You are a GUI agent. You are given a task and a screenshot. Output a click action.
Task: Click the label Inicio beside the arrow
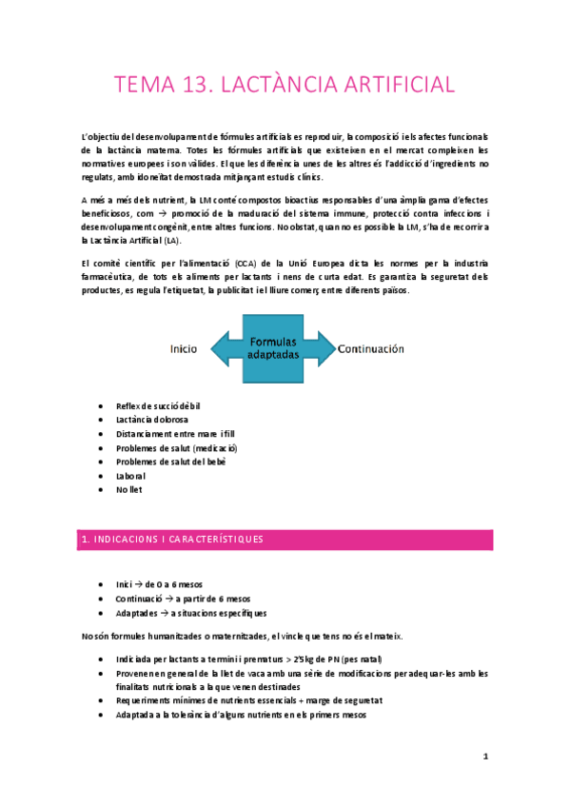click(184, 348)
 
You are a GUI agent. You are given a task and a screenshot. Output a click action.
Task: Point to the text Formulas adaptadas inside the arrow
click(272, 347)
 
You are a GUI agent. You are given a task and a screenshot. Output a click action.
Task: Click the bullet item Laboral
click(131, 475)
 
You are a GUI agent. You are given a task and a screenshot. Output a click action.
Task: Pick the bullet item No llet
click(129, 489)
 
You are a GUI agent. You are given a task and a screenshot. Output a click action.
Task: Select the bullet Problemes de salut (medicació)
click(176, 447)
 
